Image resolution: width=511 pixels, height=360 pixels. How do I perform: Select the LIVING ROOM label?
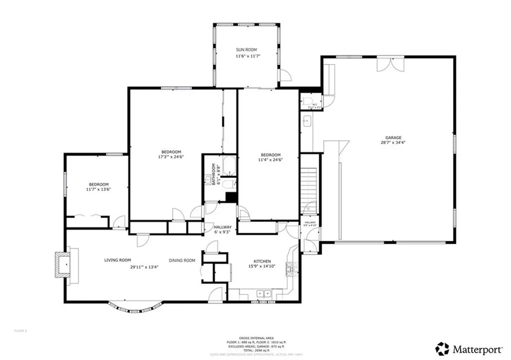(x=117, y=260)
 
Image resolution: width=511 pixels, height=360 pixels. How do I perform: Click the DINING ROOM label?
(x=182, y=260)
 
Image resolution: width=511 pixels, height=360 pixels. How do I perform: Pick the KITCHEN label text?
(x=262, y=261)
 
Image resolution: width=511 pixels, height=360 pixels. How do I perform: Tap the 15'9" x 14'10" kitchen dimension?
(x=262, y=267)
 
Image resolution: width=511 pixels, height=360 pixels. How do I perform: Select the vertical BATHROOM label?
(x=213, y=175)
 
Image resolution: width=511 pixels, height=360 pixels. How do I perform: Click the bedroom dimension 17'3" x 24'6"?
(x=171, y=157)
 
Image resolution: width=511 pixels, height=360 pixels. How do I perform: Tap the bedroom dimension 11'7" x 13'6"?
(x=99, y=190)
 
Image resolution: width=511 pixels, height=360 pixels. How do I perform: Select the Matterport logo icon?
(x=442, y=348)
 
